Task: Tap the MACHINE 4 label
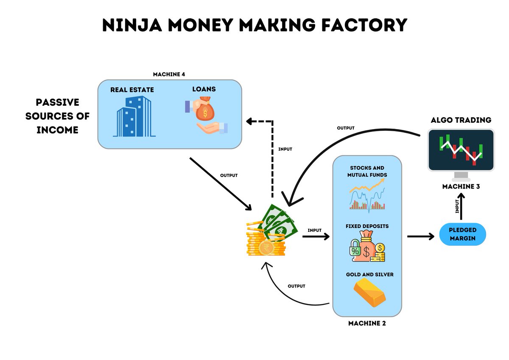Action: [x=169, y=74]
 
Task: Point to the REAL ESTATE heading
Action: [x=132, y=90]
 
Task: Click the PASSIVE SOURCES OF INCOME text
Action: [x=57, y=116]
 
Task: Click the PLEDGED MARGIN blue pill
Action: [x=462, y=234]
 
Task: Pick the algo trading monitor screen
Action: [x=461, y=150]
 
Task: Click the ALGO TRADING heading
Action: [x=461, y=120]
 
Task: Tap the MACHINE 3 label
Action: [x=461, y=186]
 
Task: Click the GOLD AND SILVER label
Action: [x=369, y=275]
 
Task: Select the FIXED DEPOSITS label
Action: [x=367, y=226]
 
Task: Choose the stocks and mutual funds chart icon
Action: [x=367, y=194]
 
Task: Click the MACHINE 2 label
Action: [x=367, y=323]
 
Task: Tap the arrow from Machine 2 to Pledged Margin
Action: [x=421, y=236]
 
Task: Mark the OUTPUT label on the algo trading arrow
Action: [x=346, y=128]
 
